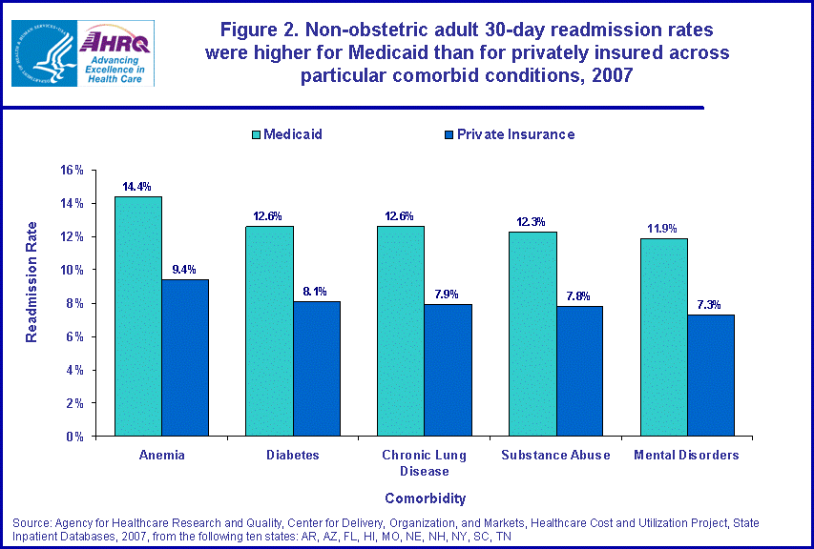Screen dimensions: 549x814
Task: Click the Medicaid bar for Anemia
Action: coord(138,316)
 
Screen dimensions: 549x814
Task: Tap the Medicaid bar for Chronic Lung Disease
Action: coord(401,331)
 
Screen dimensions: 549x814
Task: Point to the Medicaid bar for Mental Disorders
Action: coord(664,337)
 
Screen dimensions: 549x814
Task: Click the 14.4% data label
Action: coord(136,186)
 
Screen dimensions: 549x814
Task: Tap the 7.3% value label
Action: coord(711,305)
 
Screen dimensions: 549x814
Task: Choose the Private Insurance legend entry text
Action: coord(515,134)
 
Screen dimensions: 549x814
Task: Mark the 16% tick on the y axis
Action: coord(73,170)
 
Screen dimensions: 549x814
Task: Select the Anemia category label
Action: coord(161,455)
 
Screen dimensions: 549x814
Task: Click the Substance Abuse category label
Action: coord(555,455)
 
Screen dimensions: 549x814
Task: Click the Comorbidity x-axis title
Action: coord(425,498)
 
